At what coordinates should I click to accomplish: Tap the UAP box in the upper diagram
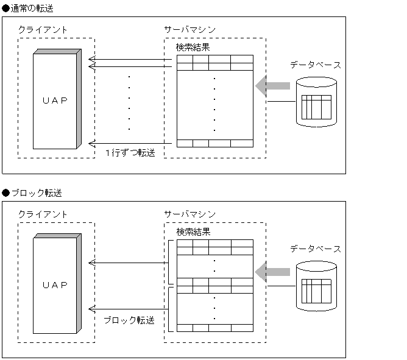click(55, 100)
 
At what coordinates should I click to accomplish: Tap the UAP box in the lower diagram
click(55, 285)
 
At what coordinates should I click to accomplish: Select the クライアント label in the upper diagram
click(43, 29)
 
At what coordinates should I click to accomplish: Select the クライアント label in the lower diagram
click(43, 214)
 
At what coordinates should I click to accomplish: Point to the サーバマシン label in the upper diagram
click(189, 29)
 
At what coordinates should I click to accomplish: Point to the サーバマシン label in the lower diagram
click(189, 214)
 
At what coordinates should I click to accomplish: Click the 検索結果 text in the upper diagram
click(193, 47)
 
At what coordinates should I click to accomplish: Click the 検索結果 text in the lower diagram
click(193, 232)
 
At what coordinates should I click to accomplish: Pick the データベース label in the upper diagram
click(315, 64)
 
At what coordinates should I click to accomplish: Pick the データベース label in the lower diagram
click(315, 249)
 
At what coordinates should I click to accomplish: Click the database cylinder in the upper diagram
click(316, 102)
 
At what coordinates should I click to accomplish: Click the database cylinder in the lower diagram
click(316, 287)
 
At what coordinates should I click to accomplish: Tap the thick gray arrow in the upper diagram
click(272, 86)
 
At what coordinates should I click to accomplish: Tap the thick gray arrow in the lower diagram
click(272, 272)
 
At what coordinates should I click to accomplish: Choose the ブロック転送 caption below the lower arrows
click(129, 320)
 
